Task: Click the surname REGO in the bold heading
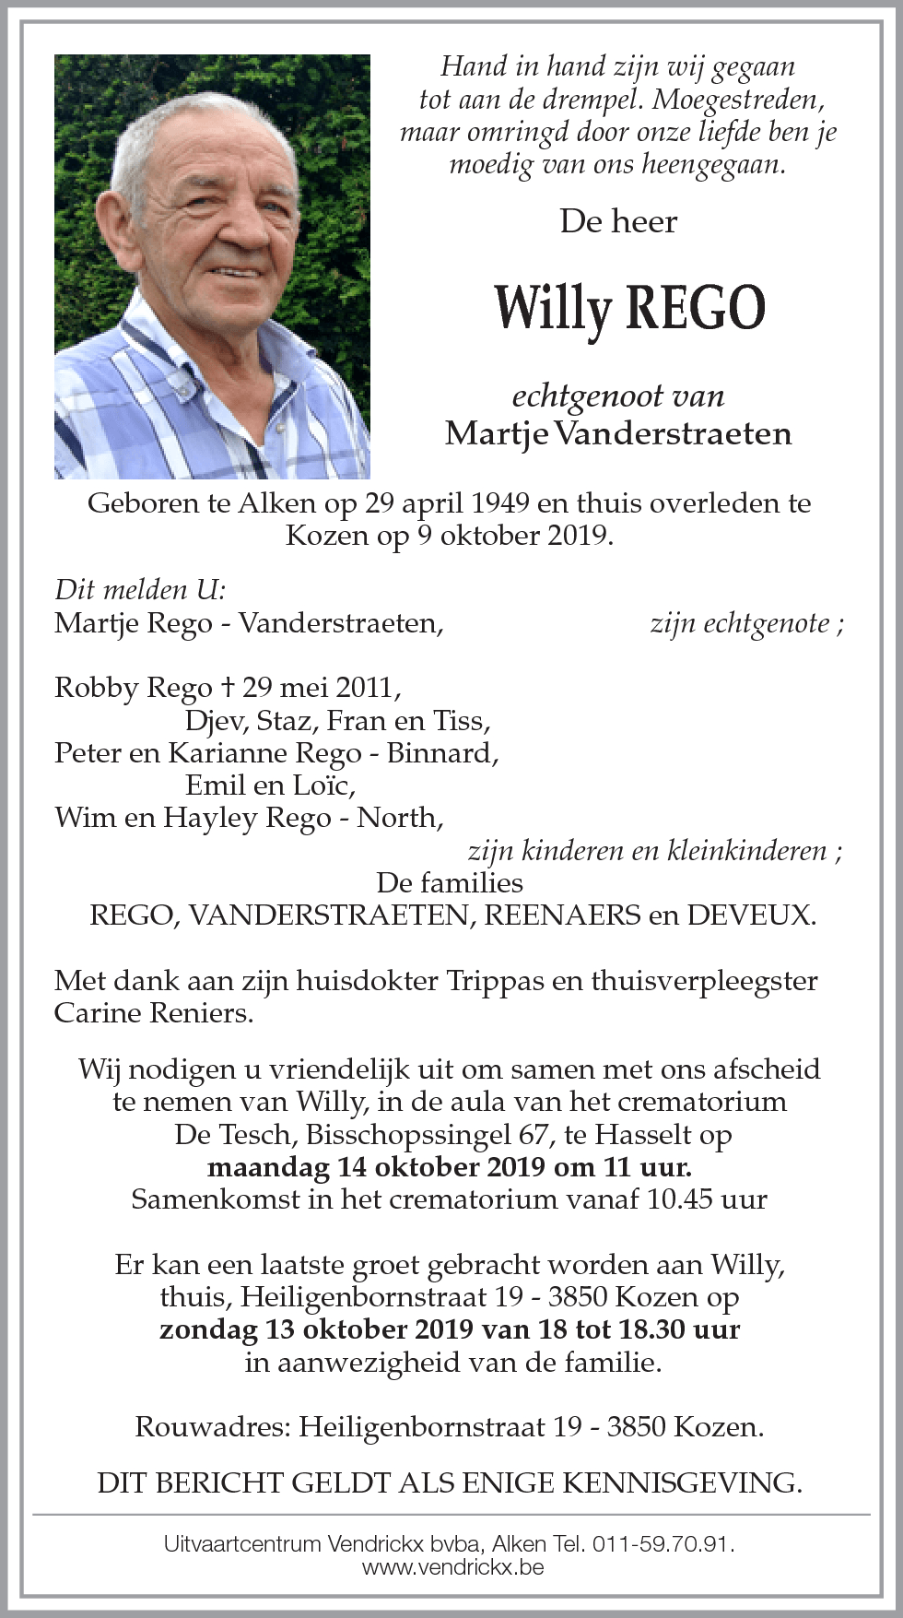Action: coord(696,308)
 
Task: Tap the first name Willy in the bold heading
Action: coord(552,308)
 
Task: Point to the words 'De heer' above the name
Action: coord(618,221)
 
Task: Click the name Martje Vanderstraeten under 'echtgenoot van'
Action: coord(618,433)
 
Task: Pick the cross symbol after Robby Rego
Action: coord(228,688)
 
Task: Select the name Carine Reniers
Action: coord(153,1013)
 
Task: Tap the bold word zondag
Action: coord(208,1330)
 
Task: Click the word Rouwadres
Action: coord(212,1427)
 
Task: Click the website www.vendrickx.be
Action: coord(452,1566)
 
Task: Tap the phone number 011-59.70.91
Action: coord(662,1543)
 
